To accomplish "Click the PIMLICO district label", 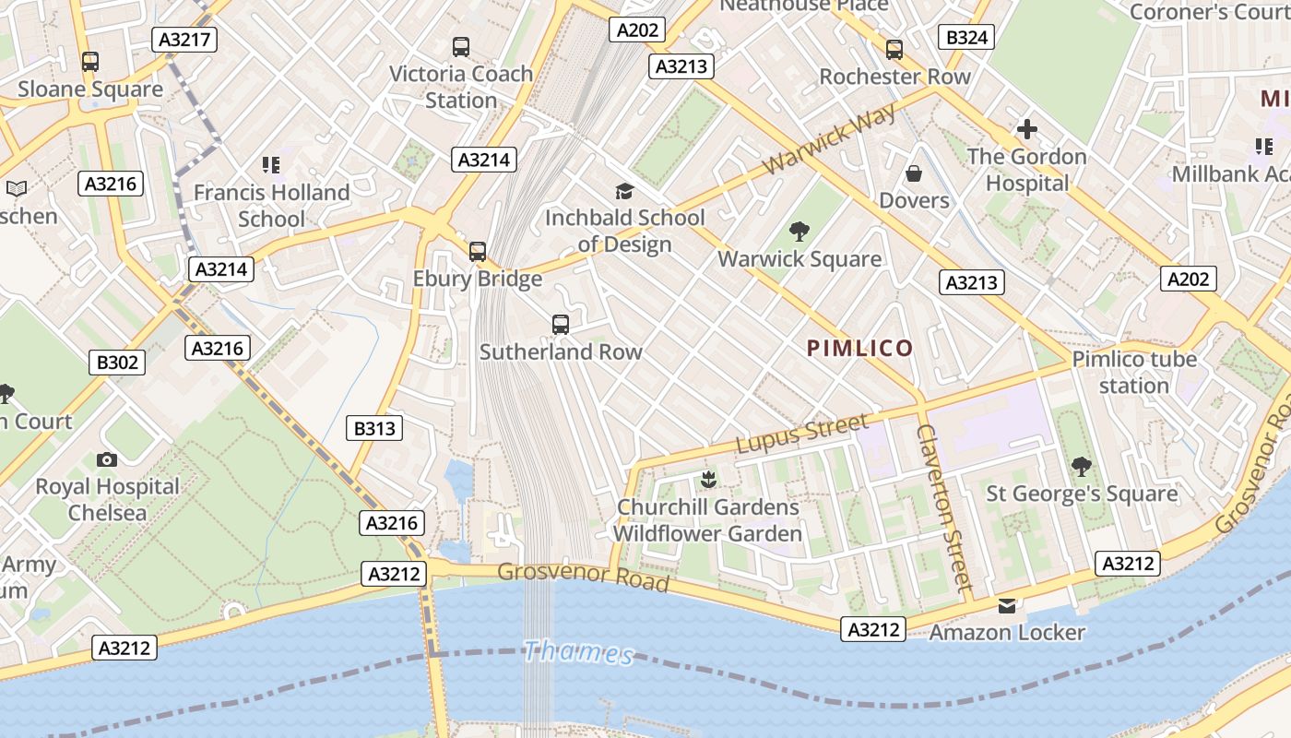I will click(x=859, y=348).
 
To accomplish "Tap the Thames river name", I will click(x=578, y=653).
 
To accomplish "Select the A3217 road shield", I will click(x=184, y=40).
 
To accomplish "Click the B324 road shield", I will click(x=966, y=37).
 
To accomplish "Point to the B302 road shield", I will click(x=117, y=363).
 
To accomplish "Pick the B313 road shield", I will click(x=374, y=428).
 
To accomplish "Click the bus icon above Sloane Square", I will click(x=90, y=62).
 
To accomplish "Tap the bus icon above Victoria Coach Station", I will click(x=461, y=46).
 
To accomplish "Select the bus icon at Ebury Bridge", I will click(x=478, y=251).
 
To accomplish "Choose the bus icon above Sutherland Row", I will click(x=561, y=324).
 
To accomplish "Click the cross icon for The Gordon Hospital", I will click(x=1027, y=129).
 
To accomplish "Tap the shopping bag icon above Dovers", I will click(x=914, y=173).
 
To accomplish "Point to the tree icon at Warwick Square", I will click(x=799, y=232).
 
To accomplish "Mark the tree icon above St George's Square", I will click(x=1082, y=467).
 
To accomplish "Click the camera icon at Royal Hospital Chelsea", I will click(x=107, y=459).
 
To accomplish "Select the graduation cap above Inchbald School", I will click(x=625, y=191).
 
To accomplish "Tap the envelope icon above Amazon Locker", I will click(x=1006, y=606).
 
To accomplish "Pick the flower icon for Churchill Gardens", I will click(x=708, y=480).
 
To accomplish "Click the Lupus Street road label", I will click(x=802, y=434).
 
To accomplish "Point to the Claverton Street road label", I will click(x=944, y=507).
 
